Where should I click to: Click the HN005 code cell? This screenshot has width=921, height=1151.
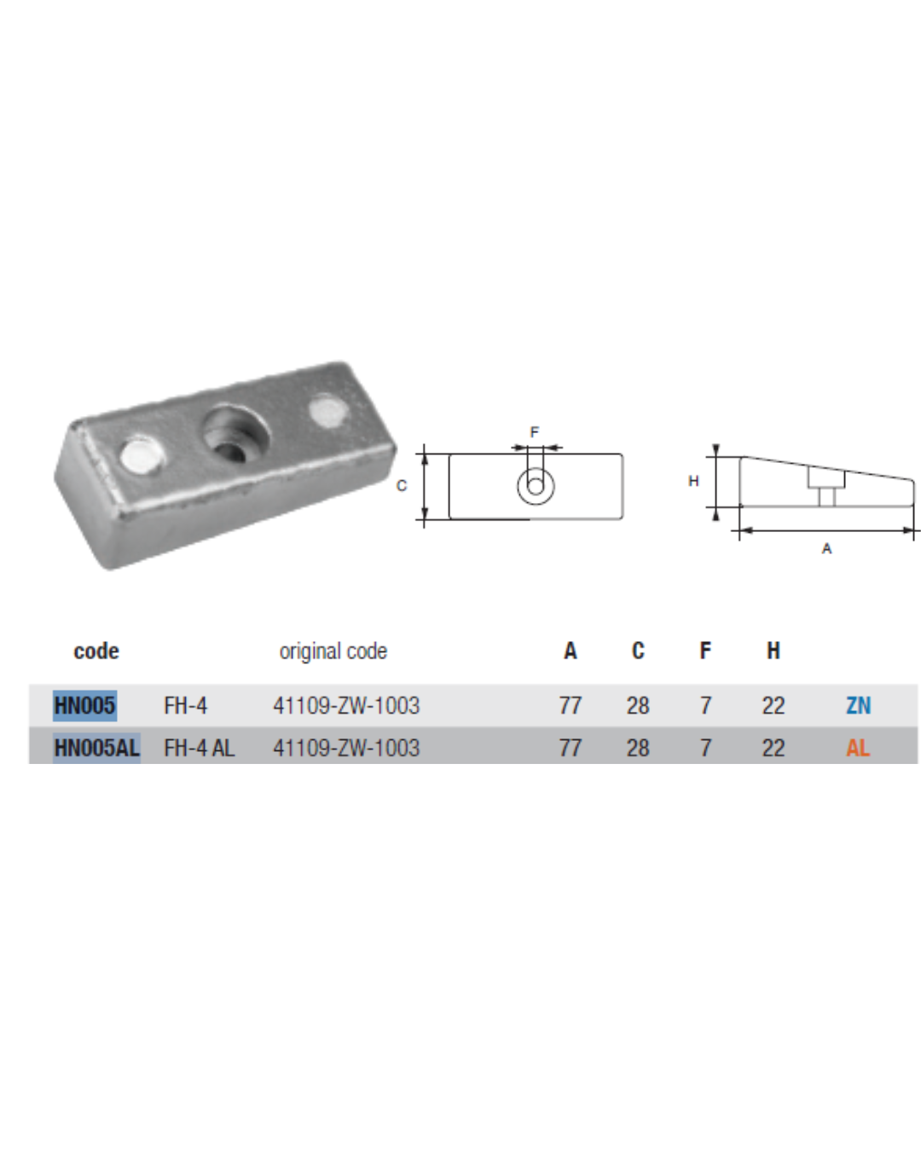click(x=84, y=705)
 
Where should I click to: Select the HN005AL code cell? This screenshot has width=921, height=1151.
click(x=96, y=748)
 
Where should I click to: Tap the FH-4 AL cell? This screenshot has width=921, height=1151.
click(x=199, y=748)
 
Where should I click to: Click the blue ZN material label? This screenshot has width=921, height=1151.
click(x=859, y=705)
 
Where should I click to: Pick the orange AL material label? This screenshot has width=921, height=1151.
click(x=858, y=748)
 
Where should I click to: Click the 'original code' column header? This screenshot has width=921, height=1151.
click(x=333, y=651)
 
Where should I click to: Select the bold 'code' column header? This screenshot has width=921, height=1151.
click(x=96, y=651)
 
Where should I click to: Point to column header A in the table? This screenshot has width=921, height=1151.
click(x=571, y=651)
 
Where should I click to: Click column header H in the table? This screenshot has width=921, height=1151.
click(x=773, y=651)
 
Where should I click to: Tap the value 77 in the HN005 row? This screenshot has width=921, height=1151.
click(x=571, y=705)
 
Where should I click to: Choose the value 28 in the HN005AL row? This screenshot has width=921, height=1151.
click(x=638, y=748)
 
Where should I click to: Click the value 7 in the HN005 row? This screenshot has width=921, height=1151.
click(x=706, y=705)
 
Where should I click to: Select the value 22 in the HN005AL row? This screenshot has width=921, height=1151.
click(x=773, y=748)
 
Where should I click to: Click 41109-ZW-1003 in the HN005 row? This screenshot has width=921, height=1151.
click(x=346, y=705)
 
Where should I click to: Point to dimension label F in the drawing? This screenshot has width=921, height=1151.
click(x=534, y=432)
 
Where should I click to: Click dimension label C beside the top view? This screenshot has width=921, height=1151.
click(x=402, y=486)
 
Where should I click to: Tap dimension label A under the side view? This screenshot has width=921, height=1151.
click(x=827, y=549)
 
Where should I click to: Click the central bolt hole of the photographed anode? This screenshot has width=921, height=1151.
click(x=235, y=433)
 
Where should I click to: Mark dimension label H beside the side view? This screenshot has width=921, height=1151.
click(x=693, y=482)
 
